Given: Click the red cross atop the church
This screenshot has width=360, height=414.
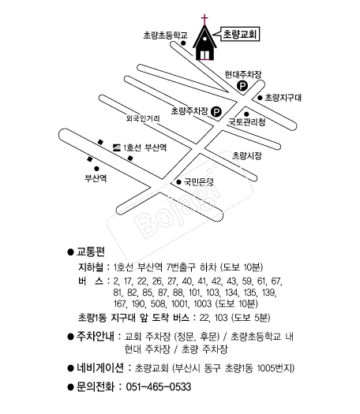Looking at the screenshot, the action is (x=204, y=19).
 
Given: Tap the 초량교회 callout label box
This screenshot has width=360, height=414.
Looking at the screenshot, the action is (x=240, y=34).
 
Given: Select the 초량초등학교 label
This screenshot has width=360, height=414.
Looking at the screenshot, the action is (x=166, y=35).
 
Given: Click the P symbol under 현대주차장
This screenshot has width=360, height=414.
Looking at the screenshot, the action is (x=242, y=86).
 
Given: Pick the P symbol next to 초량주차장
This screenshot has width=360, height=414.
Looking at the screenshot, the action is (x=216, y=112).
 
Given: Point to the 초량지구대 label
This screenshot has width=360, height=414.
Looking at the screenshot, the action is (x=283, y=98).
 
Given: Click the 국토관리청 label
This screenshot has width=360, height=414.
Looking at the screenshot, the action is (x=247, y=122).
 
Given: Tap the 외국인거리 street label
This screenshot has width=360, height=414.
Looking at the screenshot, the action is (x=143, y=118).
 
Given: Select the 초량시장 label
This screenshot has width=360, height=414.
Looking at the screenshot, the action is (x=247, y=155).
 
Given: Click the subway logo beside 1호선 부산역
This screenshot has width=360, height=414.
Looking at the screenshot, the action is (x=116, y=147).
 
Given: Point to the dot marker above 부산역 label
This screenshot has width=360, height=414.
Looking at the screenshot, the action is (x=96, y=169).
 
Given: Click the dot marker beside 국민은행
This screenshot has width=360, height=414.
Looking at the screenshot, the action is (x=178, y=182).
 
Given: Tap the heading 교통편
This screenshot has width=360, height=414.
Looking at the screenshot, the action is (x=91, y=252).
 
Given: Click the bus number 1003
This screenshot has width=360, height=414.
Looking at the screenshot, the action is (x=203, y=304).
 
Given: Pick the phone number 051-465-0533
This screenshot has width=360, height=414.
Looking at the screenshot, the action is (x=159, y=387).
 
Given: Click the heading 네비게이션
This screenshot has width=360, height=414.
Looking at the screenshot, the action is (x=100, y=367).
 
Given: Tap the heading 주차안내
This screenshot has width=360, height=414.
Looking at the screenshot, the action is (x=96, y=337).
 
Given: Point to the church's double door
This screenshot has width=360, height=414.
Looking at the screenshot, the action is (x=204, y=55).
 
